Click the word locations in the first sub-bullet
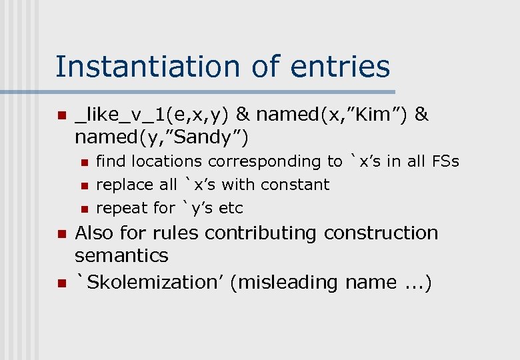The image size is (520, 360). tap(172, 161)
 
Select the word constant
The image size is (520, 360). tap(295, 185)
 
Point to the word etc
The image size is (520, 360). tap(231, 208)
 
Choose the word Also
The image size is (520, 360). tap(93, 233)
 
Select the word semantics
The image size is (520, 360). tap(121, 256)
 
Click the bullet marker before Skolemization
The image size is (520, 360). tap(61, 283)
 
